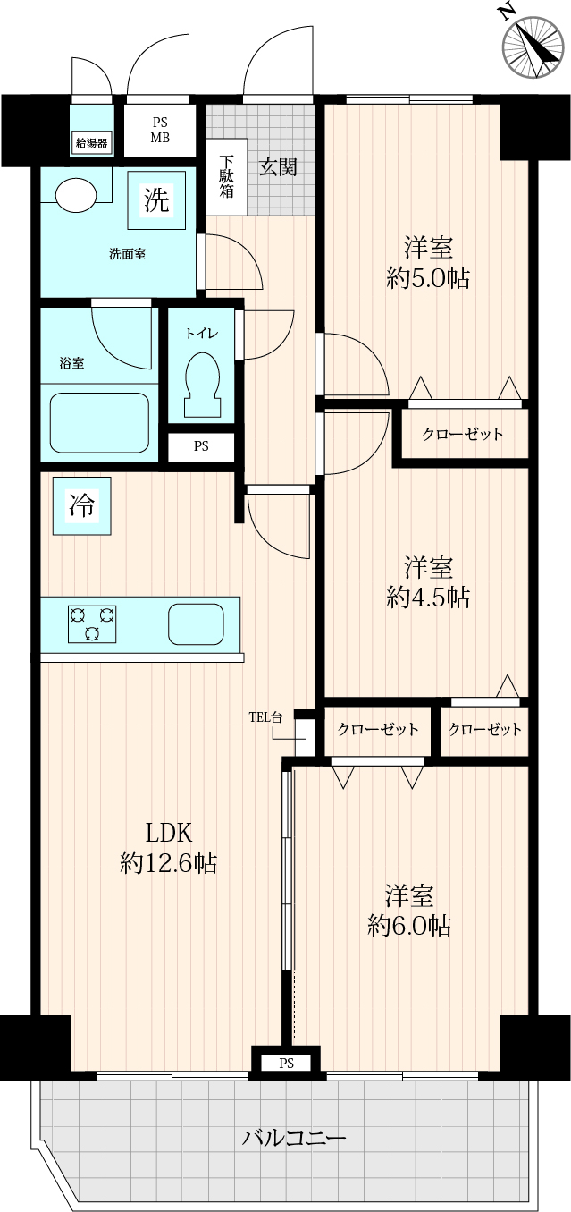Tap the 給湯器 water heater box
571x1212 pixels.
click(91, 143)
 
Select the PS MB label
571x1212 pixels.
click(160, 131)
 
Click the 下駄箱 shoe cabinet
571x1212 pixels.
click(227, 176)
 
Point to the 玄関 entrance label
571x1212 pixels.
click(277, 167)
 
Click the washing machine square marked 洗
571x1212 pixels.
click(156, 200)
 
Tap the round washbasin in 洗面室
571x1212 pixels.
click(76, 195)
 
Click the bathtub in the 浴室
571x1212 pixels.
click(99, 422)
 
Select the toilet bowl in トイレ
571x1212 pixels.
click(203, 385)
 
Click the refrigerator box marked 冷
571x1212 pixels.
click(81, 505)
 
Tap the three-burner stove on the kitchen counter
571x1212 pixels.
click(92, 623)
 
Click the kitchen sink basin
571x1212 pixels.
click(196, 623)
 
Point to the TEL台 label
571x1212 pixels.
click(265, 717)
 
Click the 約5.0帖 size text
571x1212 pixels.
click(428, 277)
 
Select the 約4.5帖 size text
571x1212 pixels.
click(428, 597)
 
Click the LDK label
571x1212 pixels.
click(169, 833)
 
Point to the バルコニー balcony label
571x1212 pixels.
click(293, 1138)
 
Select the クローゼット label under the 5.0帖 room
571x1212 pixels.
click(462, 434)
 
